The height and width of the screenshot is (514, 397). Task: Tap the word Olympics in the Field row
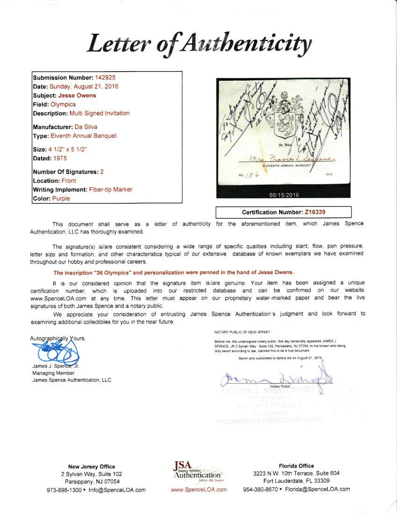pyautogui.click(x=63, y=104)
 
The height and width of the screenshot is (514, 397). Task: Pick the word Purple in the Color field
pyautogui.click(x=61, y=198)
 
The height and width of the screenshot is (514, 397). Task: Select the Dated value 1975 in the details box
pyautogui.click(x=60, y=158)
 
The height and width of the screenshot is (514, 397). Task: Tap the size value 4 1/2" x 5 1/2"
pyautogui.click(x=68, y=149)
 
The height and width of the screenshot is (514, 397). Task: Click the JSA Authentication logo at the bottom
pyautogui.click(x=198, y=472)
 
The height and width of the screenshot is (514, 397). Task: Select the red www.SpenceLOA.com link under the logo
pyautogui.click(x=199, y=490)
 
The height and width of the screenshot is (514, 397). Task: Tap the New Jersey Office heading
pyautogui.click(x=91, y=466)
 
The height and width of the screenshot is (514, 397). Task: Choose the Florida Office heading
pyautogui.click(x=296, y=466)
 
